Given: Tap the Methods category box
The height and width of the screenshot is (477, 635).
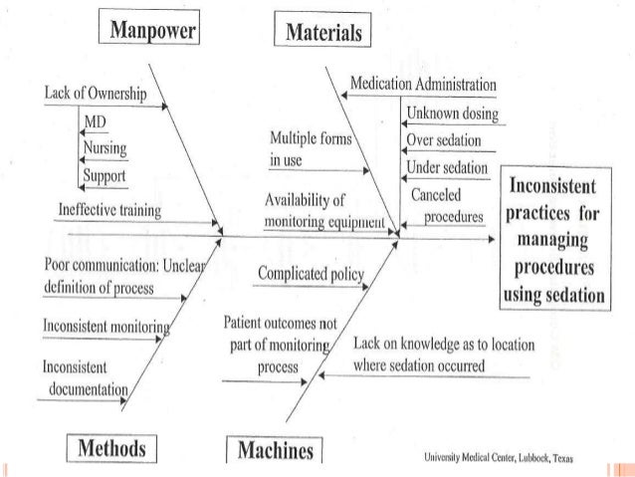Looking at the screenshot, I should tap(113, 447).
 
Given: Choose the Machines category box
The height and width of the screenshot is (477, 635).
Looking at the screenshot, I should tap(271, 451).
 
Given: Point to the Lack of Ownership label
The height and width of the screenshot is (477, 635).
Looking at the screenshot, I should tap(96, 94).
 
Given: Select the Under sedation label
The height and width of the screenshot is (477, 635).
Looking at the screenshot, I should tap(448, 166).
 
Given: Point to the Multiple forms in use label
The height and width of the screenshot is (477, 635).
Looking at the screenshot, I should tap(311, 149).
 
